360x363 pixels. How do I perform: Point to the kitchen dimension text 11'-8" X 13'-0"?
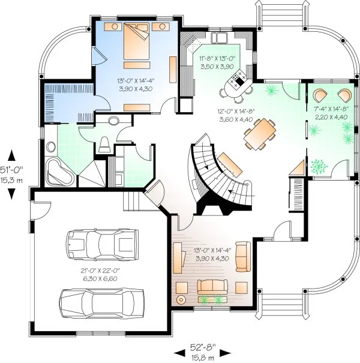[217, 58]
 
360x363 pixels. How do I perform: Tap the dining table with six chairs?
[260, 133]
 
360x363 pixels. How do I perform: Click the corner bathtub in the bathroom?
[59, 172]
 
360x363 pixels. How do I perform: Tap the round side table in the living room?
[179, 299]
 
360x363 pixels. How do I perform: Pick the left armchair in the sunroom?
[320, 95]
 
